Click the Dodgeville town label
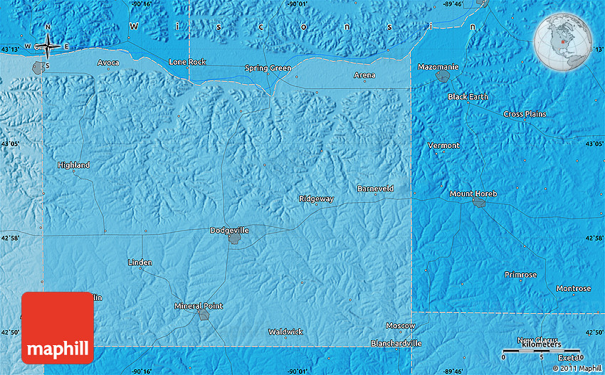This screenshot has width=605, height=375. point(229,231)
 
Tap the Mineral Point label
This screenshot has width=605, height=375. point(199,306)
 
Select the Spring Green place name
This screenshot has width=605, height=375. point(268,68)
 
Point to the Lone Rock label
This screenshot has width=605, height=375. point(187,62)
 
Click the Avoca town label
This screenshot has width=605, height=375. point(108,63)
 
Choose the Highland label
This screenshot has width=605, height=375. point(74,165)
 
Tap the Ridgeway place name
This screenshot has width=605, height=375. point(316,199)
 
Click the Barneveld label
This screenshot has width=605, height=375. point(375,189)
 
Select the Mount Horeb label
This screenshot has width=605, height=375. point(473,194)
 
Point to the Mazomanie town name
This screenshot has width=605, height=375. point(438,66)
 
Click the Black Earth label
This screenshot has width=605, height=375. point(468,96)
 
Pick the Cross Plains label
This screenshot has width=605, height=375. point(524,114)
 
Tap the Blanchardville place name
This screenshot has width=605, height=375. point(396,343)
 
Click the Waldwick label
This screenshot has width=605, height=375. point(285,332)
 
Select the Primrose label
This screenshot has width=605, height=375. point(520,275)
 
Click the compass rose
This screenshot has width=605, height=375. point(48,47)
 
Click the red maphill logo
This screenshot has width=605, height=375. point(58,328)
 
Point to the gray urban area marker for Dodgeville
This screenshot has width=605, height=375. point(233,240)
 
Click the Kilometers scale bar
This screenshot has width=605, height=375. point(541,352)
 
